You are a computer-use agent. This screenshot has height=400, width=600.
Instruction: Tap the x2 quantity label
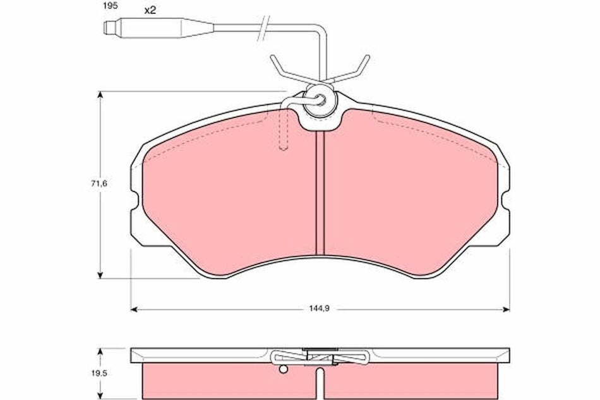click(150, 11)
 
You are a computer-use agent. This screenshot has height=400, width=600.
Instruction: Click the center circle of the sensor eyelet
click(320, 99)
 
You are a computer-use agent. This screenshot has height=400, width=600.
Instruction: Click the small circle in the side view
click(284, 370)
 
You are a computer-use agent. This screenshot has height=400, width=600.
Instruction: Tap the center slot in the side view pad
click(320, 382)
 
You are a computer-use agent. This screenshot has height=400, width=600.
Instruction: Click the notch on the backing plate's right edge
click(505, 202)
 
